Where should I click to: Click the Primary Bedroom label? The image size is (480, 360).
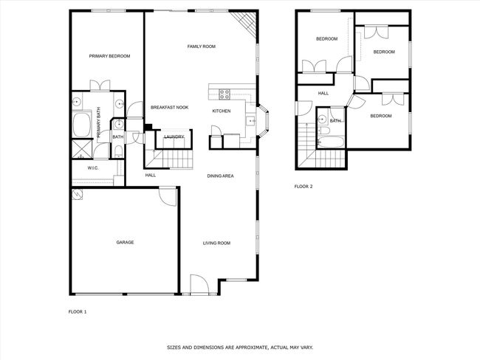pos(109,56)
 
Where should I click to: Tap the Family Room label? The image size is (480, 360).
pos(202,46)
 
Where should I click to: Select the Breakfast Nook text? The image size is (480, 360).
pos(170,108)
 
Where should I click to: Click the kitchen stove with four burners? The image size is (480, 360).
pos(224,94)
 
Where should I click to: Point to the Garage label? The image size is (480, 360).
pos(125,242)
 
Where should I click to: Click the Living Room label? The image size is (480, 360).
pos(216,243)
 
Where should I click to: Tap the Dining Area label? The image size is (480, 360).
pos(220,176)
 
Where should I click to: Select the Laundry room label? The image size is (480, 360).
pos(174,136)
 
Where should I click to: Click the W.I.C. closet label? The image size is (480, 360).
pos(93,168)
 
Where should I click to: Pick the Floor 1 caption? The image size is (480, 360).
pos(78,312)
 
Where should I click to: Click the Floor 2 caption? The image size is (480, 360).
pos(304,186)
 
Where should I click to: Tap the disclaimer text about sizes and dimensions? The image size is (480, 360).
pos(240,347)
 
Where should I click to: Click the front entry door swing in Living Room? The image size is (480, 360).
pos(199,285)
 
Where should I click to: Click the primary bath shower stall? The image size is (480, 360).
pos(82,149)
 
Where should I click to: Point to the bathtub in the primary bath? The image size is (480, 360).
pos(82,125)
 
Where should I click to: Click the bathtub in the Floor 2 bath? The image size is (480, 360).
pos(331,142)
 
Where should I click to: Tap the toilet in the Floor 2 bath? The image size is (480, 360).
pos(324,131)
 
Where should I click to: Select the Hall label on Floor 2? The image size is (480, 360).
pos(323,94)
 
